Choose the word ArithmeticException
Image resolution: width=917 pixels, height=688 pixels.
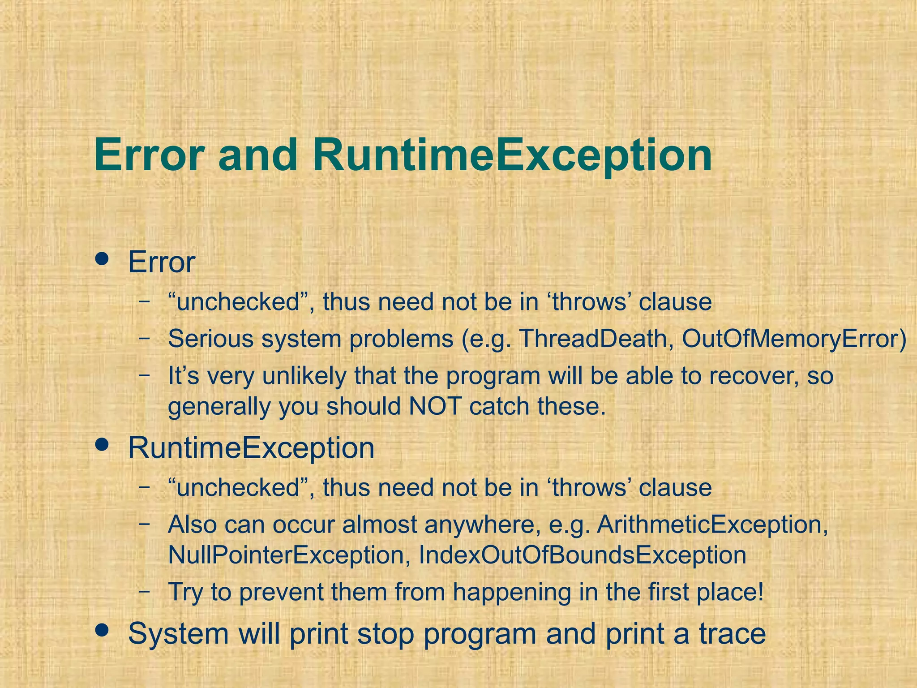(712, 525)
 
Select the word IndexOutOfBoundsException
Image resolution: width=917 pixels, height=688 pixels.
(582, 555)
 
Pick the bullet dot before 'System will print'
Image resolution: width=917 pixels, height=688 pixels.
(103, 630)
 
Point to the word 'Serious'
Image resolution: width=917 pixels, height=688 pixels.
(211, 339)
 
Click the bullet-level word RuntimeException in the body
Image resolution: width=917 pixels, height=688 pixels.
(251, 448)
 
